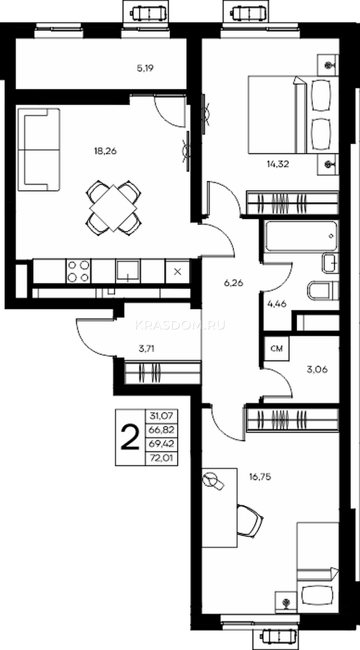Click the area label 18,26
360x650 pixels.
105,151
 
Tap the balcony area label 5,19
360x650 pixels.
145,68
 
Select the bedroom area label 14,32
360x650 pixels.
278,164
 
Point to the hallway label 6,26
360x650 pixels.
233,283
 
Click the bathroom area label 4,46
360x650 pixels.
277,304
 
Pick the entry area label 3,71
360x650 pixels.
147,348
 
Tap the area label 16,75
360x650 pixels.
260,477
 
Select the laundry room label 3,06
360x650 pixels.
317,369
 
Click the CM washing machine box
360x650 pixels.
277,348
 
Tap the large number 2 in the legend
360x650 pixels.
130,437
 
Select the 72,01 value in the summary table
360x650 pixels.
161,458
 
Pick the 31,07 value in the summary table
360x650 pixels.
161,416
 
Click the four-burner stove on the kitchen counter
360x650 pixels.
78,271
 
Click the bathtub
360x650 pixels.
302,236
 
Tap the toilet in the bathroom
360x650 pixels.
323,290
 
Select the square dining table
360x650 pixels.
113,209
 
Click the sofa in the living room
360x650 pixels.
39,149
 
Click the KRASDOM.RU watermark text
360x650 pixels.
180,326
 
